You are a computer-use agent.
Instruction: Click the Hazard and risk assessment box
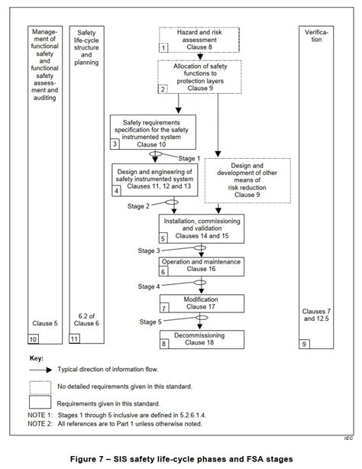click(x=189, y=38)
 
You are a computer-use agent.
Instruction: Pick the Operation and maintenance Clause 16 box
click(x=202, y=266)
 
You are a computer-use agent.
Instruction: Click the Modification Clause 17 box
click(x=202, y=302)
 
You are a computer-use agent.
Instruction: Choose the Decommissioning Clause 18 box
click(x=202, y=338)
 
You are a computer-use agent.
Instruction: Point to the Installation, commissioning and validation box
click(x=202, y=228)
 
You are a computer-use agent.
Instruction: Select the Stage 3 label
click(x=149, y=250)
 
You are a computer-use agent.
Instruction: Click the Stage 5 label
click(x=149, y=322)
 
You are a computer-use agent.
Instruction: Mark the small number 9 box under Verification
click(x=305, y=344)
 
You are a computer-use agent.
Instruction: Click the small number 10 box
click(x=34, y=338)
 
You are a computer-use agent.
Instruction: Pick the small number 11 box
click(x=75, y=338)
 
